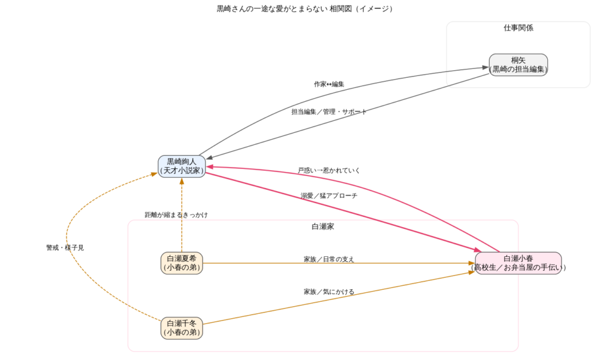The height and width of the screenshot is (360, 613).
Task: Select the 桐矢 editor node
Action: point(518,65)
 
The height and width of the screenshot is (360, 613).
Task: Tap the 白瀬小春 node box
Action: point(518,263)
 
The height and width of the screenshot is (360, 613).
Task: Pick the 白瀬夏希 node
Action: point(182,263)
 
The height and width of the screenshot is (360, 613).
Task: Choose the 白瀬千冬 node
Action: point(182,328)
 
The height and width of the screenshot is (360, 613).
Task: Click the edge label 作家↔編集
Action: point(329,84)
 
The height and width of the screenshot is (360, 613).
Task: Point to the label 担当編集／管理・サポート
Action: point(329,112)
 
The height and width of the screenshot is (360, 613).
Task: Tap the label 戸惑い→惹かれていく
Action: point(329,171)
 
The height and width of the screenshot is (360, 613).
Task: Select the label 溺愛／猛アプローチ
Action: point(329,196)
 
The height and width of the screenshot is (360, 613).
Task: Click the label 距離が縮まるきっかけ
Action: point(176,214)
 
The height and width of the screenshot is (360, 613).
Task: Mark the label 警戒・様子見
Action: point(65,247)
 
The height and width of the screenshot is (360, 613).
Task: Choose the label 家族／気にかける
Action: point(329,292)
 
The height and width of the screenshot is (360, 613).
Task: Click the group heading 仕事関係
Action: point(518,28)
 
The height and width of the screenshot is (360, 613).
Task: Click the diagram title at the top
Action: point(305,9)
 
